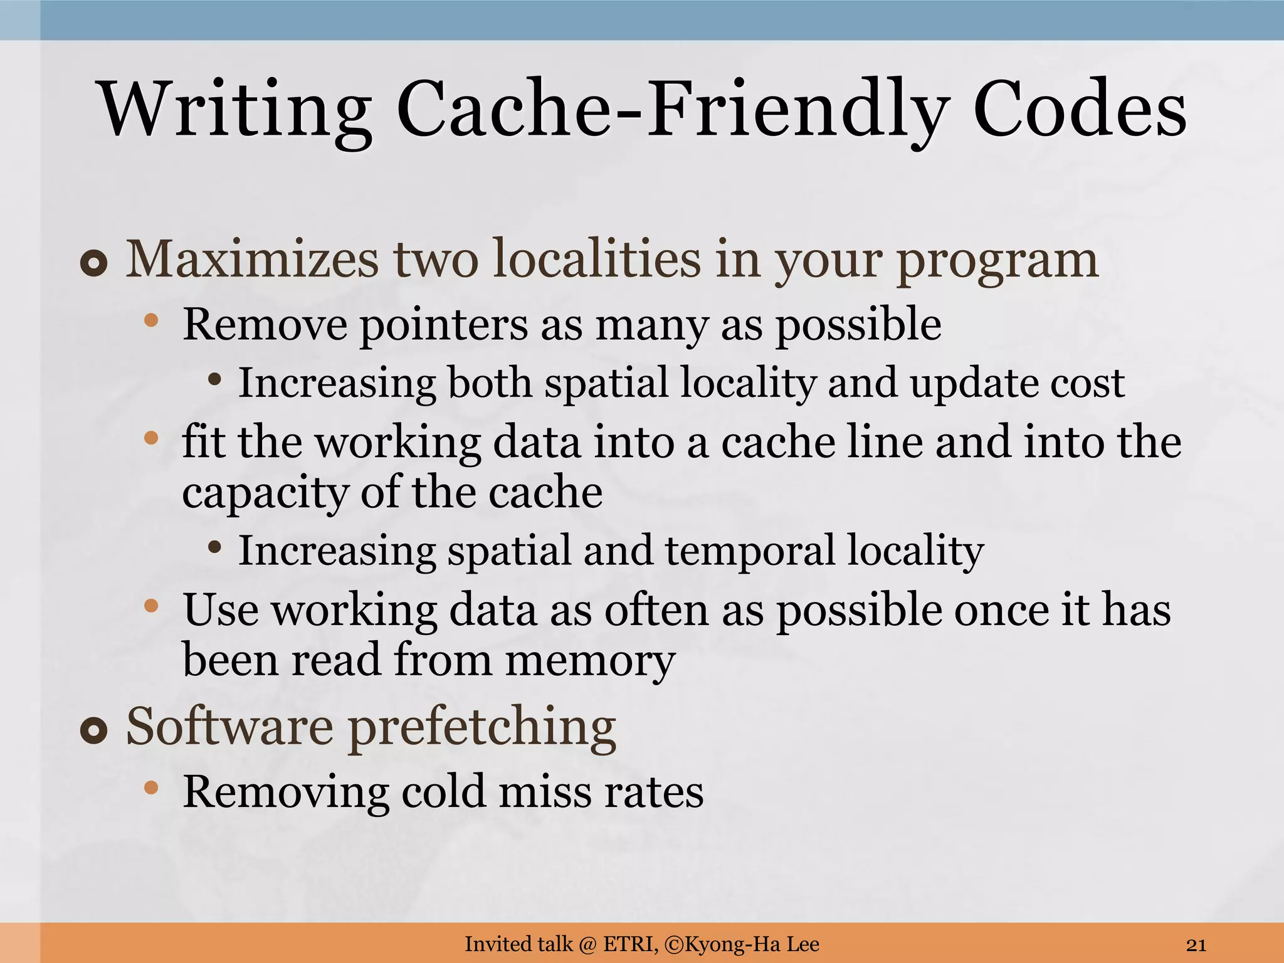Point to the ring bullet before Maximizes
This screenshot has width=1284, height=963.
coord(94,265)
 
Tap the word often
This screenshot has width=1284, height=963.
coord(656,610)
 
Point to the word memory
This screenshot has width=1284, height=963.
coord(590,661)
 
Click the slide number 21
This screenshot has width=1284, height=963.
coord(1196,944)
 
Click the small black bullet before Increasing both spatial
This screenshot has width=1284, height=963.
coord(215,379)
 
